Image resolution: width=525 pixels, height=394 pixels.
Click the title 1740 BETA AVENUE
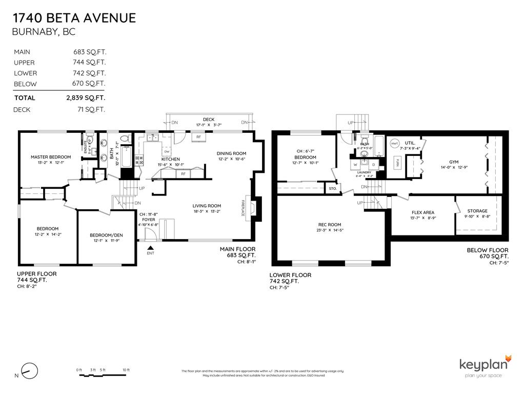pos(74,18)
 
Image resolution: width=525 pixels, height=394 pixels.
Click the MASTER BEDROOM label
pos(50,157)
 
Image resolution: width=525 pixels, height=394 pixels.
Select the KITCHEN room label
pos(171,159)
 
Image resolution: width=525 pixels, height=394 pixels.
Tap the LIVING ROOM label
pos(207,205)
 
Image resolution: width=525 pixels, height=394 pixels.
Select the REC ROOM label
pos(330,224)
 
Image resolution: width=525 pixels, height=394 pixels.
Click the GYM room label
pos(454,161)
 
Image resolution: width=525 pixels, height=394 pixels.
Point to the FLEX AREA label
pos(423,212)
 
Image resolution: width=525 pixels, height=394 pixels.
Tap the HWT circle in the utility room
pos(395,144)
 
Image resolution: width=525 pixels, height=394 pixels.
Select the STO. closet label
pos(333,189)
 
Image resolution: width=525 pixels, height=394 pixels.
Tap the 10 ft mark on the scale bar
pos(126,370)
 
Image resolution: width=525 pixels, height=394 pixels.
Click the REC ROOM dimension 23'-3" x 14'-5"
pos(330,230)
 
